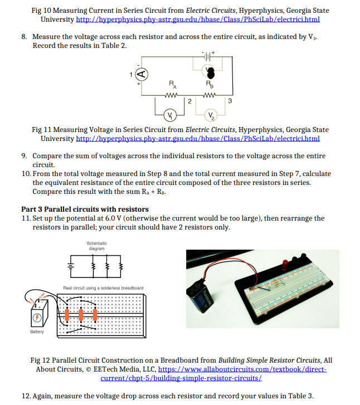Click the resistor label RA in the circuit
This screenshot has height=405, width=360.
(173, 85)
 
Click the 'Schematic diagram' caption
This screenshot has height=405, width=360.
(97, 245)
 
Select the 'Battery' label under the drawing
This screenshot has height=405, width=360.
(37, 331)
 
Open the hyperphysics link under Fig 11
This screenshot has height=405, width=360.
(197, 138)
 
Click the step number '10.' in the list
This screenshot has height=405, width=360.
(26, 174)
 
